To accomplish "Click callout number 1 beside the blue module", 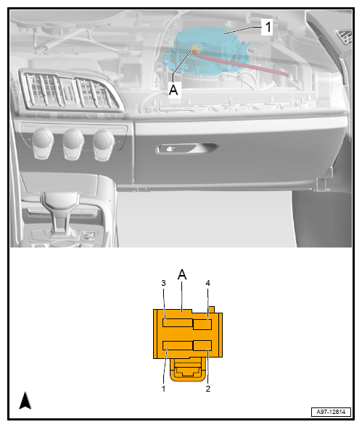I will click(x=268, y=28).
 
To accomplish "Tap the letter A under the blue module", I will click(x=173, y=90).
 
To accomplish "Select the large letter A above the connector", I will click(x=182, y=276).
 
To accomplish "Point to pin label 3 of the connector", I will click(x=164, y=283).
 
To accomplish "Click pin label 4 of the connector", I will click(x=207, y=283).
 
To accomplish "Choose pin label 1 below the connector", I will click(x=164, y=389).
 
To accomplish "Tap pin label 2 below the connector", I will click(x=207, y=389).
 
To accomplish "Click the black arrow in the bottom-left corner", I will click(x=25, y=401).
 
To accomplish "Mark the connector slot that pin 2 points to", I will click(x=202, y=345).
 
